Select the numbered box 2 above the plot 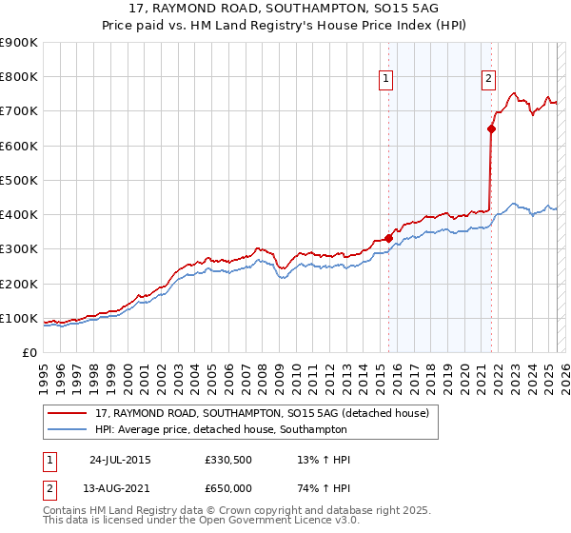(x=488, y=80)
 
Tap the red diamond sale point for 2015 (x=388, y=238)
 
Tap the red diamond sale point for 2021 (x=491, y=128)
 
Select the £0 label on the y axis (x=30, y=352)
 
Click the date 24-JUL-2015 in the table (x=120, y=460)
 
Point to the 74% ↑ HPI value (x=325, y=488)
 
